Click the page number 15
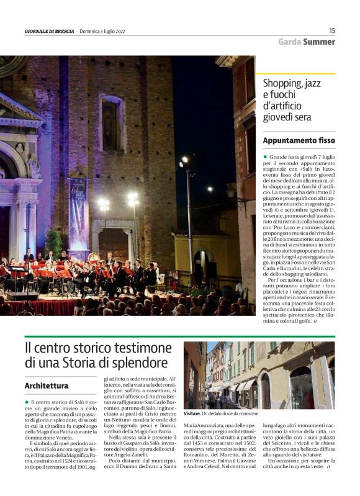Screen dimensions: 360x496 [x=331, y=30]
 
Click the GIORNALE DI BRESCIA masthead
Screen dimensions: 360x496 [x=49, y=31]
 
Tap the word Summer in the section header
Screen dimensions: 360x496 [x=319, y=42]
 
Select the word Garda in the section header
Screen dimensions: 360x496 [x=289, y=42]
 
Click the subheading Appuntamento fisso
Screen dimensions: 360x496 [x=299, y=140]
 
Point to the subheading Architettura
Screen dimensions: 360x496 [x=46, y=386]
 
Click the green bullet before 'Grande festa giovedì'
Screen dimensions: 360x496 [x=265, y=157]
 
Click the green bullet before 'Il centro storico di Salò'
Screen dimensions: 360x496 [x=27, y=402]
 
